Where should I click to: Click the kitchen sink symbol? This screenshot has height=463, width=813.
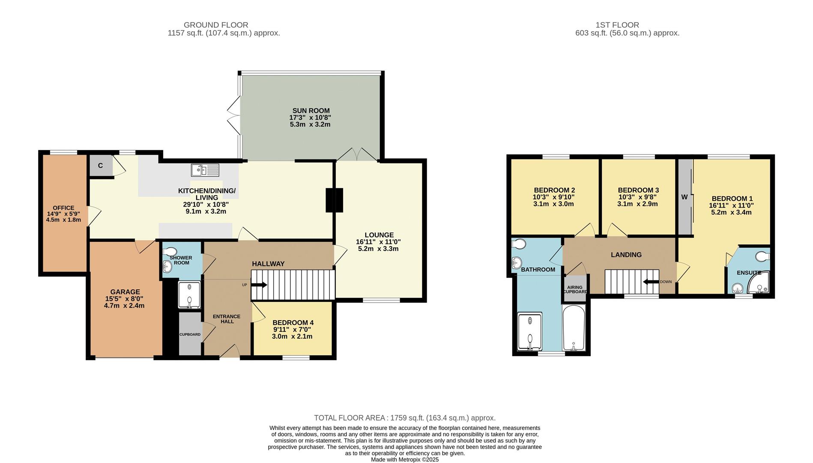click(205, 170)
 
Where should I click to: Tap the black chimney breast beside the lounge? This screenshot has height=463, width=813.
click(335, 200)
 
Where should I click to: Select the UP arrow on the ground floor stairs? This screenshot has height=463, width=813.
click(259, 285)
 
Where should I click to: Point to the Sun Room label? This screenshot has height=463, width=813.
click(311, 111)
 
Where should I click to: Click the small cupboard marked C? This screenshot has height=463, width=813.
click(100, 166)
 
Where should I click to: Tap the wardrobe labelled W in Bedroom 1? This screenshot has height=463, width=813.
click(684, 197)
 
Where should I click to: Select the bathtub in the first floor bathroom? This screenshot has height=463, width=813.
click(574, 328)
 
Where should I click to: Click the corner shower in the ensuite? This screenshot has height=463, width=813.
click(759, 283)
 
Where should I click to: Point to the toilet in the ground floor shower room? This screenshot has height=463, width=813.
click(170, 251)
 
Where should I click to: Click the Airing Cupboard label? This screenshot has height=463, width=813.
click(575, 289)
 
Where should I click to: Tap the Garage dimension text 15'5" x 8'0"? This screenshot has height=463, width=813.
click(124, 299)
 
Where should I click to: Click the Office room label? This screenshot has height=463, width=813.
click(63, 208)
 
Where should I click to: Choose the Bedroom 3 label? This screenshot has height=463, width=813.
click(638, 190)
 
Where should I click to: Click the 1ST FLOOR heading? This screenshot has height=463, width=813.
click(617, 25)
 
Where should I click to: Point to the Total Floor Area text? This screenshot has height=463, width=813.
click(404, 418)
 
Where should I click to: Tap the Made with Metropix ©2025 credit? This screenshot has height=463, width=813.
click(404, 459)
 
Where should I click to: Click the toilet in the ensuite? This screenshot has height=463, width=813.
click(762, 256)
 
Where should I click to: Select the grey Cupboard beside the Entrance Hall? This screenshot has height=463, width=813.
click(190, 334)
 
